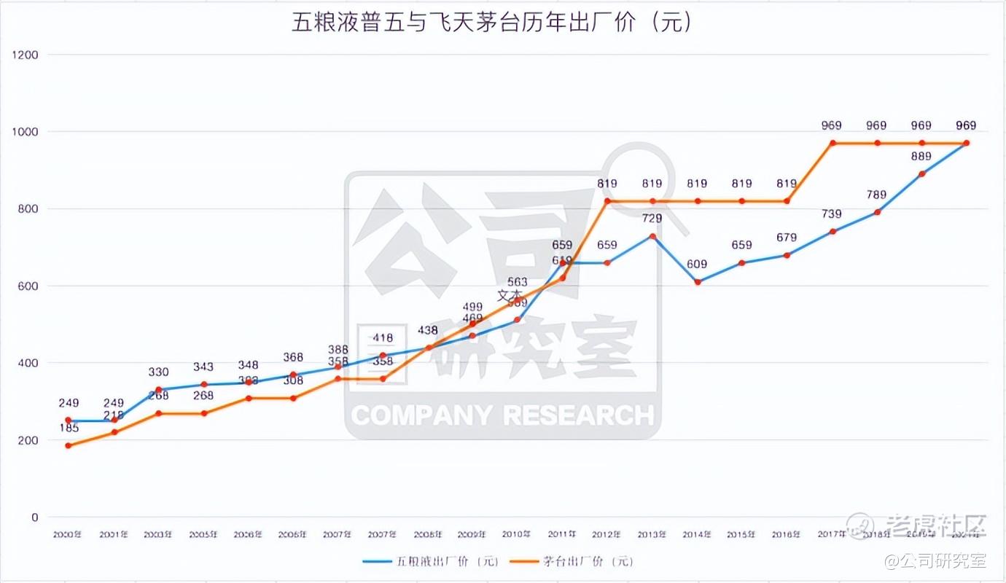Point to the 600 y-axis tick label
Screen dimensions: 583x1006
tap(27, 286)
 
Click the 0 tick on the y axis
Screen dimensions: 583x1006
tap(34, 517)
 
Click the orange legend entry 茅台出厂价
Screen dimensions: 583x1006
tap(572, 561)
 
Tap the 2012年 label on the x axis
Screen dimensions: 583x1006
tap(607, 534)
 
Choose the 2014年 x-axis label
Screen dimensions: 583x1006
tap(697, 534)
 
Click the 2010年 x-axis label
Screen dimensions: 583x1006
tap(517, 534)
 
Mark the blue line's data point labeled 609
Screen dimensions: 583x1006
tap(697, 282)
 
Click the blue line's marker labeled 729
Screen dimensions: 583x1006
tap(652, 236)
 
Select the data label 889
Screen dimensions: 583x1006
tap(921, 155)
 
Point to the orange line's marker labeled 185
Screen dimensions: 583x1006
tap(69, 445)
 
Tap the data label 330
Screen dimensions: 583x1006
tap(158, 372)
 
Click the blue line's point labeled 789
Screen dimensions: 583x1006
tap(877, 212)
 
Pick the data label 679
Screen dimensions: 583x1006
tap(787, 237)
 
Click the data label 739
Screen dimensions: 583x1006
tap(832, 214)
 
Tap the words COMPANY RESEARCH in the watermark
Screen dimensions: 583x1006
tap(502, 415)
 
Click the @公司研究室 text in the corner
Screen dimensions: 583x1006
tap(935, 561)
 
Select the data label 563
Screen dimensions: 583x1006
tap(517, 282)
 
